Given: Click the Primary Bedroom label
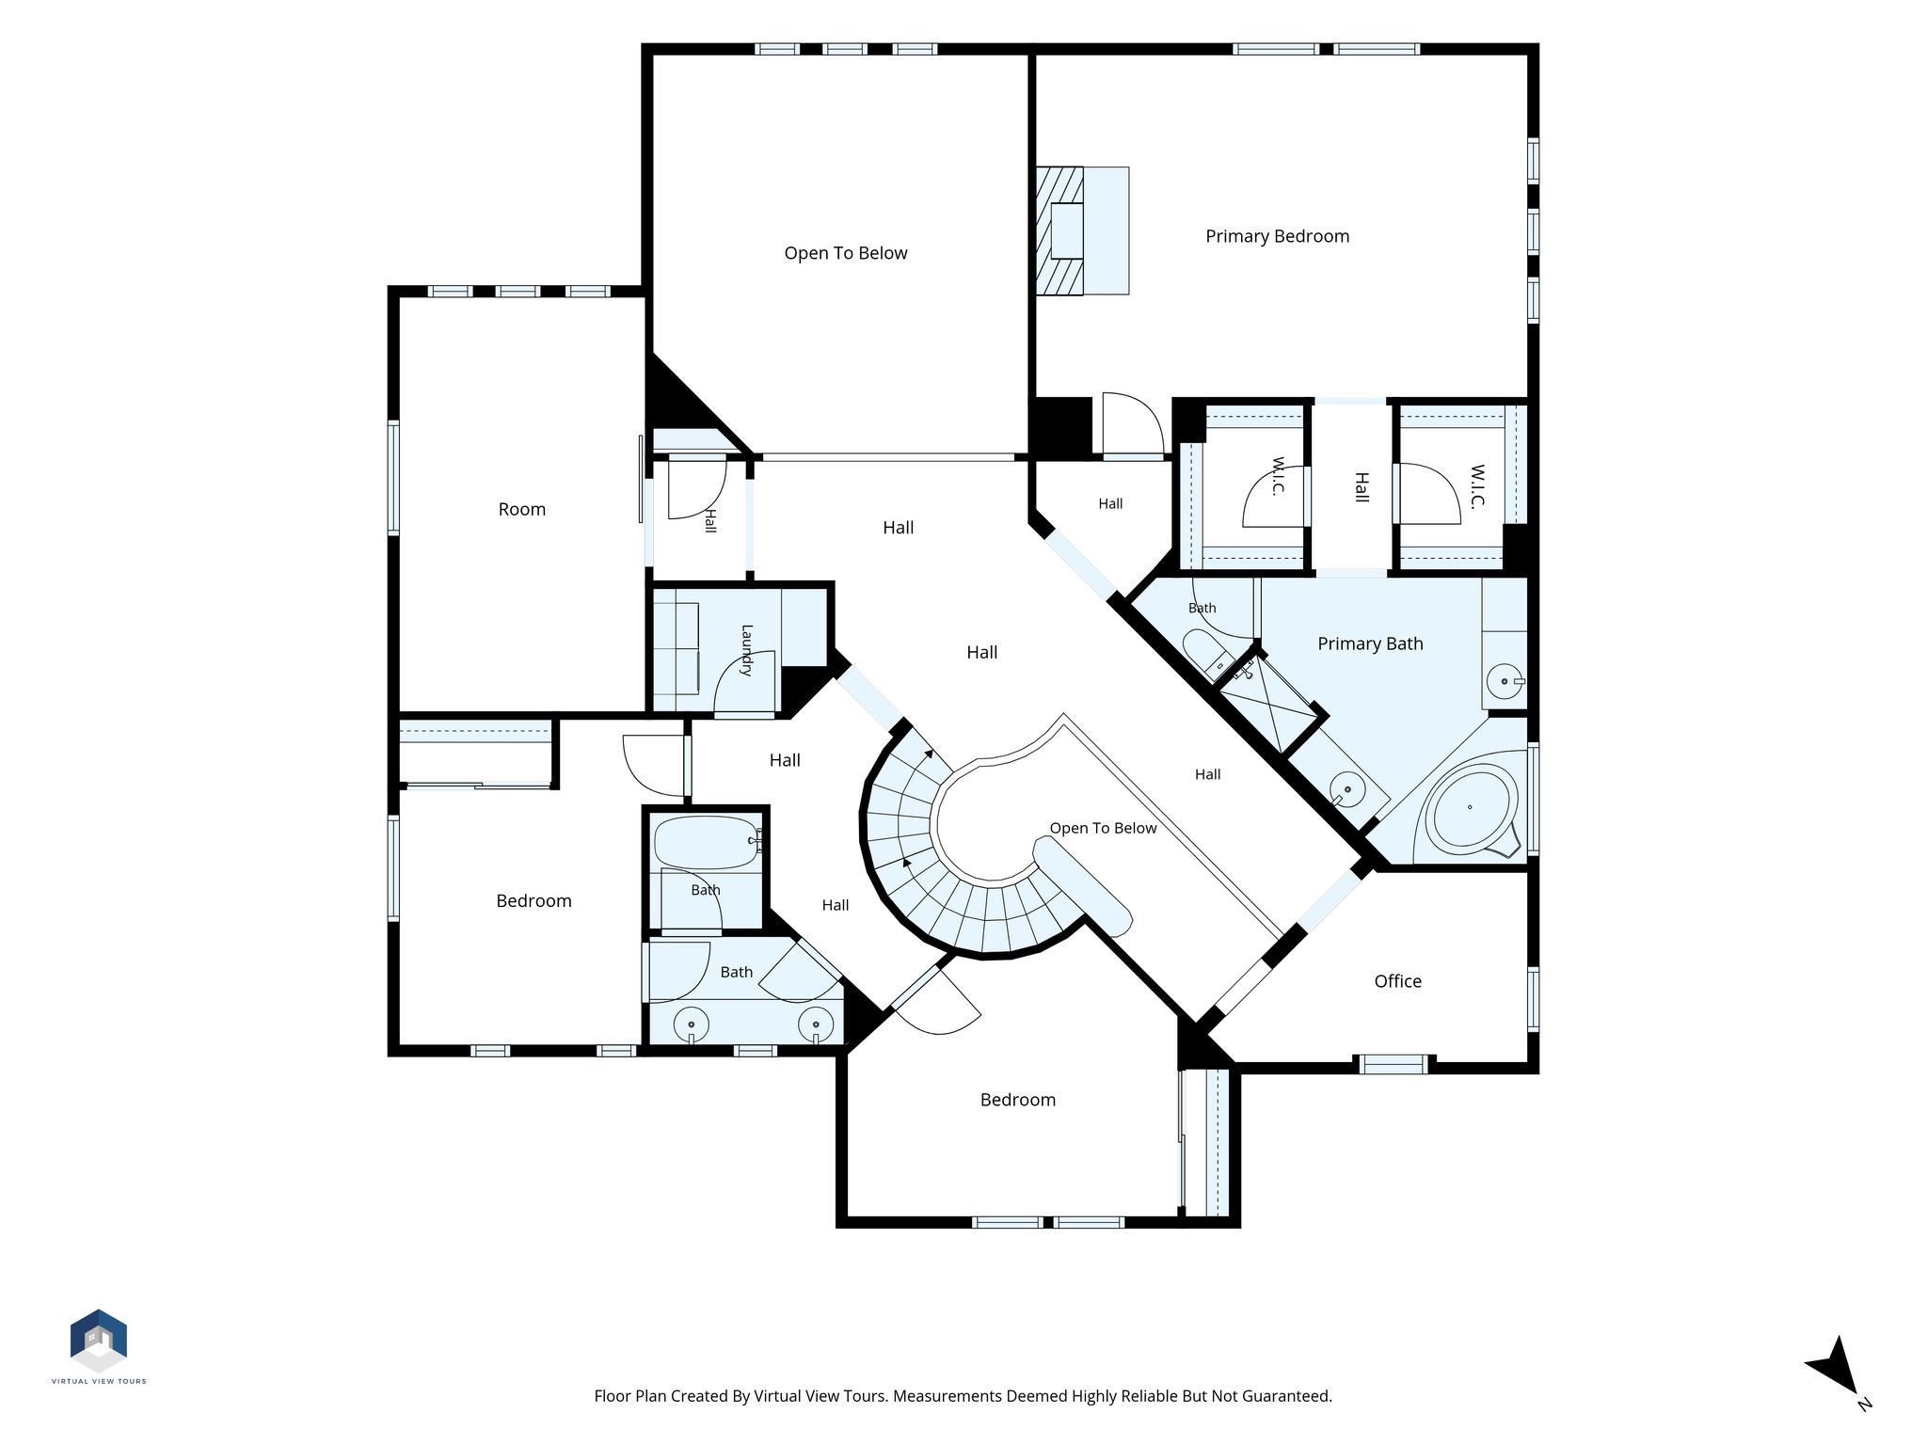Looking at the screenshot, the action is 1277,236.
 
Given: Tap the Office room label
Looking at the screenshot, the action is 1397,981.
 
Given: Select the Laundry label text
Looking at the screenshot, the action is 746,650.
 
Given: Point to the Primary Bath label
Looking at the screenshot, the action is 1370,643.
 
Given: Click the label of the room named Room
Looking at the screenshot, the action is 522,509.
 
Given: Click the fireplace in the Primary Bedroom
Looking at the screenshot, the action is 1082,230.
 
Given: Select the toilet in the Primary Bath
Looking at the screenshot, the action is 1208,652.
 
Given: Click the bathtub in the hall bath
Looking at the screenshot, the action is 707,842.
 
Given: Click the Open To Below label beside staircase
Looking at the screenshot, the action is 1103,828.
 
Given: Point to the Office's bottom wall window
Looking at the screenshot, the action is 1393,1064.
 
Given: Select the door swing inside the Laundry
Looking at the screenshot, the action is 743,682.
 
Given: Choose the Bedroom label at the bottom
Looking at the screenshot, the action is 1018,1100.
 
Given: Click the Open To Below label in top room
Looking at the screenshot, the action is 846,253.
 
